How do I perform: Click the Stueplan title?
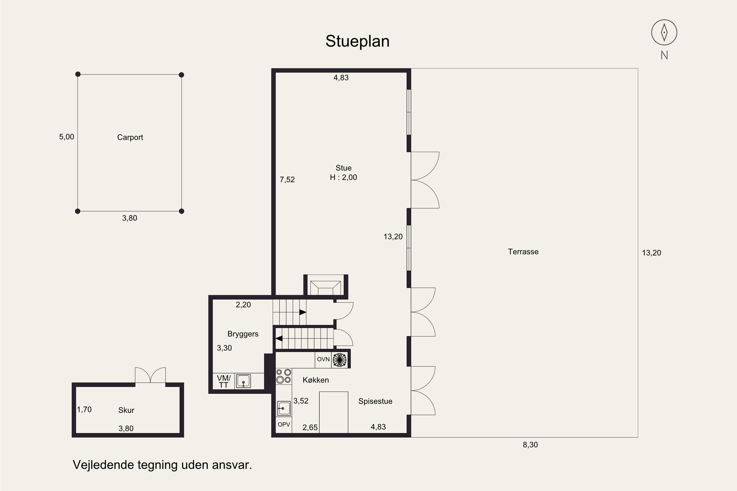pyautogui.click(x=357, y=41)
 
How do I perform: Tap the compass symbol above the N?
pyautogui.click(x=664, y=32)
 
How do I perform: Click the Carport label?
pyautogui.click(x=130, y=137)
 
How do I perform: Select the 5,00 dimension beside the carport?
pyautogui.click(x=67, y=137)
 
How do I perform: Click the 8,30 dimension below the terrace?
pyautogui.click(x=530, y=445)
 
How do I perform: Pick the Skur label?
pyautogui.click(x=126, y=410)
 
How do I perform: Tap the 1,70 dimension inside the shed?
pyautogui.click(x=84, y=409)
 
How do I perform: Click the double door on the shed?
pyautogui.click(x=150, y=375)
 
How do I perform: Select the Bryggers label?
pyautogui.click(x=243, y=334)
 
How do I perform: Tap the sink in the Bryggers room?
pyautogui.click(x=243, y=381)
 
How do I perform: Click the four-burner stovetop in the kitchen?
pyautogui.click(x=283, y=376)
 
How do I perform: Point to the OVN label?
pyautogui.click(x=323, y=359)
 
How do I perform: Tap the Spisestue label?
pyautogui.click(x=375, y=401)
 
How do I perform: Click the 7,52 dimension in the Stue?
pyautogui.click(x=287, y=180)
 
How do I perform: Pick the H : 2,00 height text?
pyautogui.click(x=343, y=177)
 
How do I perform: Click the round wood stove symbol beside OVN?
pyautogui.click(x=339, y=360)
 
